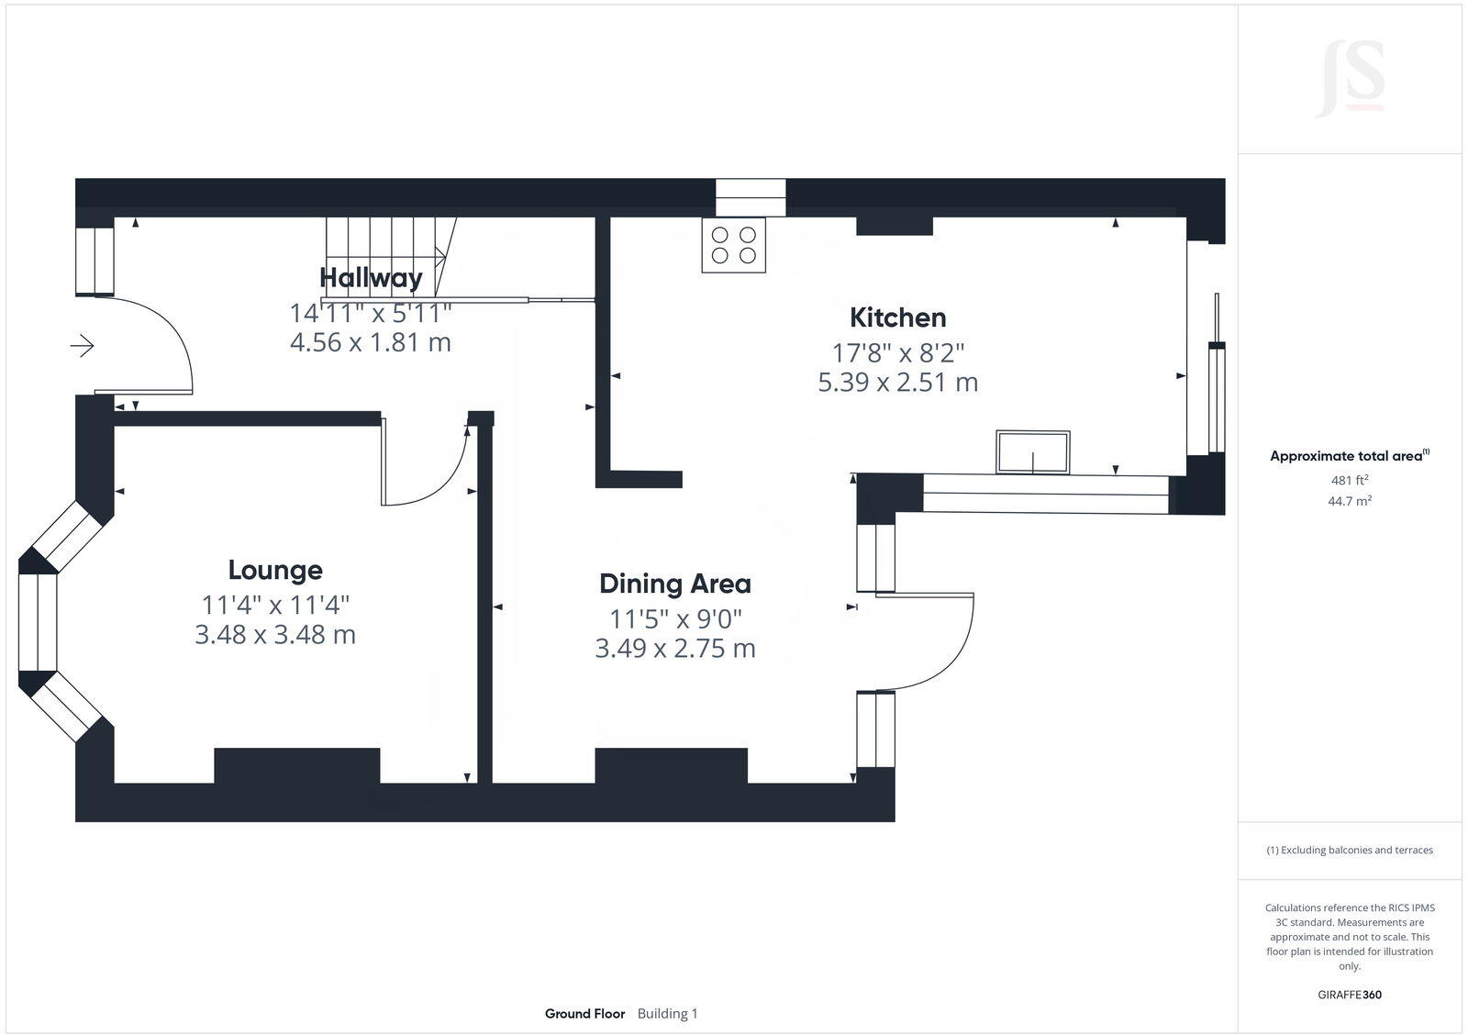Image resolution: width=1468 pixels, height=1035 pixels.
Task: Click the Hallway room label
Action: pos(371,277)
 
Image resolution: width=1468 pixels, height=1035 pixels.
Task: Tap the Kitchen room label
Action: pos(897,317)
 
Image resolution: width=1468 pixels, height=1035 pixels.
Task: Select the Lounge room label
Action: pos(275,570)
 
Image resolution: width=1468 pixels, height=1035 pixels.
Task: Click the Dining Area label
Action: pos(674,584)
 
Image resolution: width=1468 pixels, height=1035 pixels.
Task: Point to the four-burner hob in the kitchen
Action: pos(734,244)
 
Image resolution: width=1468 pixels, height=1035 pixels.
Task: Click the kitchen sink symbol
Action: pos(1033,452)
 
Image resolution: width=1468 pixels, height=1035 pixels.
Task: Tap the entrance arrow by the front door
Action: pos(83,346)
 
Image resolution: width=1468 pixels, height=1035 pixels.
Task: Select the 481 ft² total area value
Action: pos(1350,480)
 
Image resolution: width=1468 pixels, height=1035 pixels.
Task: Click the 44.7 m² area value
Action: pos(1350,501)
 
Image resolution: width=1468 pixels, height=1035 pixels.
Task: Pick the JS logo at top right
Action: pos(1350,79)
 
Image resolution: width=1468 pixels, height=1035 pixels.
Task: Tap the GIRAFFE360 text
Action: pos(1350,995)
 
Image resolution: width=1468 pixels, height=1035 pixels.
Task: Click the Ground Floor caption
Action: pos(584,1014)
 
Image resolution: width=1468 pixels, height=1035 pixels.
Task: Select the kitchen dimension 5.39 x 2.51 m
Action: pos(897,382)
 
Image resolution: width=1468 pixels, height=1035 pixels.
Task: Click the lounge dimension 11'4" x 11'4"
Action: pos(275,605)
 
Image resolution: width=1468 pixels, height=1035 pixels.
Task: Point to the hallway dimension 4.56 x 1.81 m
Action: pos(371,343)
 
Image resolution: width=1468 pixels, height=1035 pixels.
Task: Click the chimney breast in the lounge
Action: pos(296,765)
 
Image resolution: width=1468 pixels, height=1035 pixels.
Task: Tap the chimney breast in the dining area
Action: pos(671,765)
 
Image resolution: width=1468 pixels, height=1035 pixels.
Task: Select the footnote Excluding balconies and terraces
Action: pos(1350,851)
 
